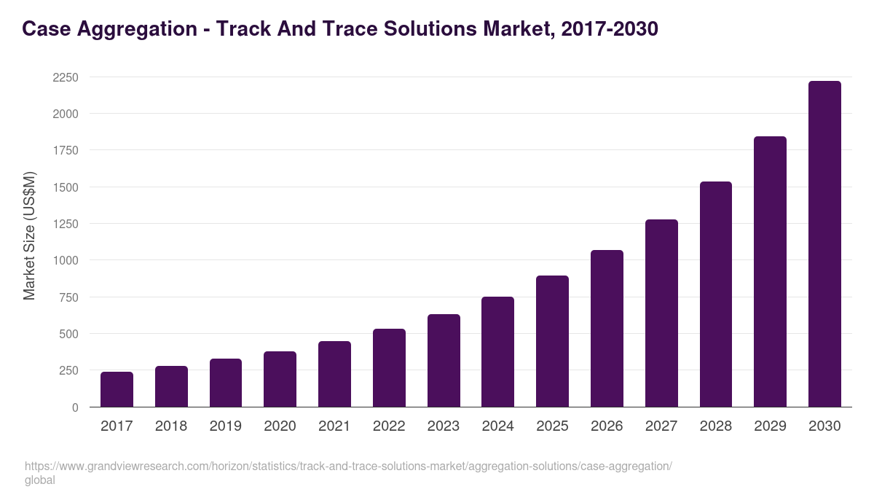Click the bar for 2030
[824, 244]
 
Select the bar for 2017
[117, 389]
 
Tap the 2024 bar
[497, 352]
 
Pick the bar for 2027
[661, 313]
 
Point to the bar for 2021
[334, 374]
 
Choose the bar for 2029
[770, 272]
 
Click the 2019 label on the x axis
[226, 426]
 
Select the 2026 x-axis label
[607, 426]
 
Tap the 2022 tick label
[389, 426]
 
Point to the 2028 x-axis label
[715, 426]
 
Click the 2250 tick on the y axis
[66, 77]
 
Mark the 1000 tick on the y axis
[66, 260]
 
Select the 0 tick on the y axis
[75, 407]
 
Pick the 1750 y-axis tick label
[66, 150]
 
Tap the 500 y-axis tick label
[68, 334]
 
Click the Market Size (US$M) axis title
[29, 235]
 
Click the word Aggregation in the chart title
[141, 29]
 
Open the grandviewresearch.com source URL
[348, 466]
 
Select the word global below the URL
[40, 480]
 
